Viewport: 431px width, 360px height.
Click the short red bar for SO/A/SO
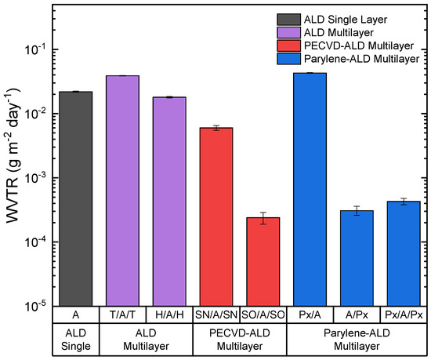(x=263, y=262)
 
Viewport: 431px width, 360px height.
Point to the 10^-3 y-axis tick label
(x=37, y=178)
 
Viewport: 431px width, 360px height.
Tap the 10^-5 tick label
(x=37, y=306)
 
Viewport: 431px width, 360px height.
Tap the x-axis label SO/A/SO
(x=263, y=315)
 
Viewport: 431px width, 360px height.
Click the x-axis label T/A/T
(x=122, y=315)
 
